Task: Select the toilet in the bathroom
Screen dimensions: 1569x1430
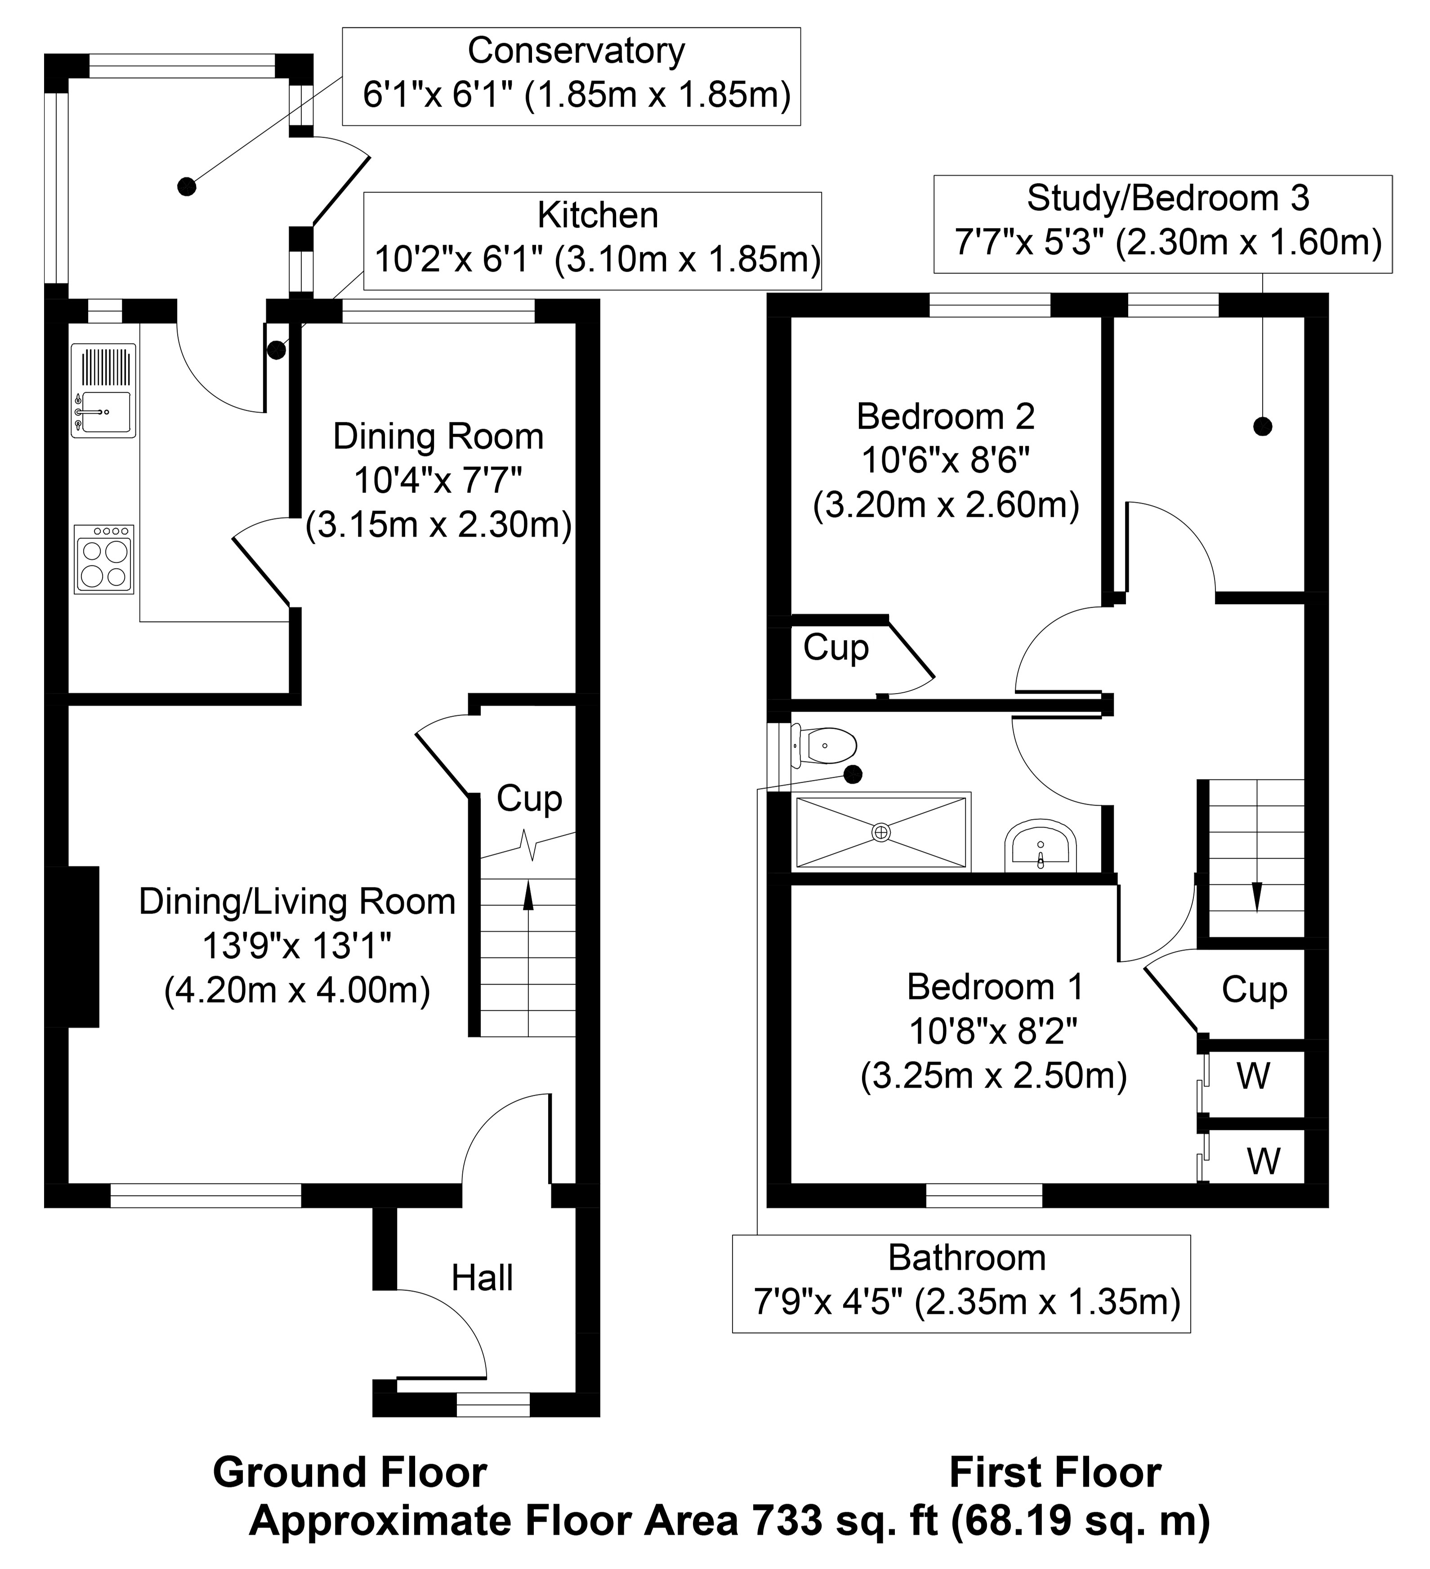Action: [825, 745]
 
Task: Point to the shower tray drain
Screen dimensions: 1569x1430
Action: [881, 833]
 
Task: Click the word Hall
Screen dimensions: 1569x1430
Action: [483, 1278]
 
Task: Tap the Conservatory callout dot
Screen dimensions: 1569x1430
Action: [187, 187]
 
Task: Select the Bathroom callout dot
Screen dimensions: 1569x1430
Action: [854, 775]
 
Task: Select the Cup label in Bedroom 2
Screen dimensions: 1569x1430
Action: [836, 647]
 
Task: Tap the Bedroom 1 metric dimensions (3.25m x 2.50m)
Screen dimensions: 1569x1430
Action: [993, 1076]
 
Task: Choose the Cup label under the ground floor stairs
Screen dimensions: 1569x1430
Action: [529, 798]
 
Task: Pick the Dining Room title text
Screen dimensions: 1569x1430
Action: [438, 437]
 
